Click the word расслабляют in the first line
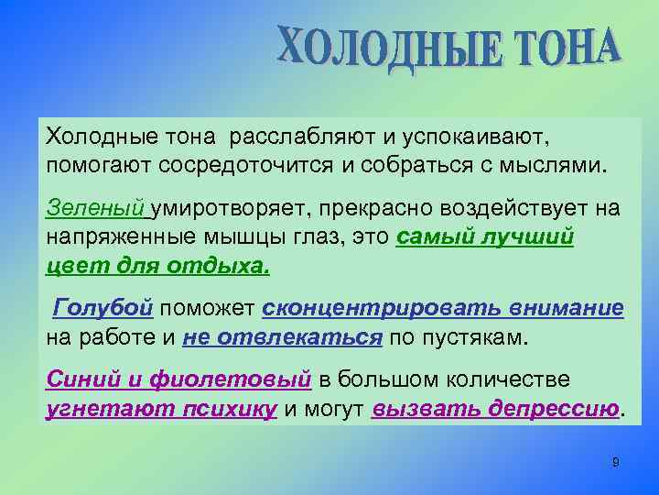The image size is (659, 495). tap(303, 137)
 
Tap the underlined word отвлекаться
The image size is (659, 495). tap(283, 337)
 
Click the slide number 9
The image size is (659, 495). tap(615, 462)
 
